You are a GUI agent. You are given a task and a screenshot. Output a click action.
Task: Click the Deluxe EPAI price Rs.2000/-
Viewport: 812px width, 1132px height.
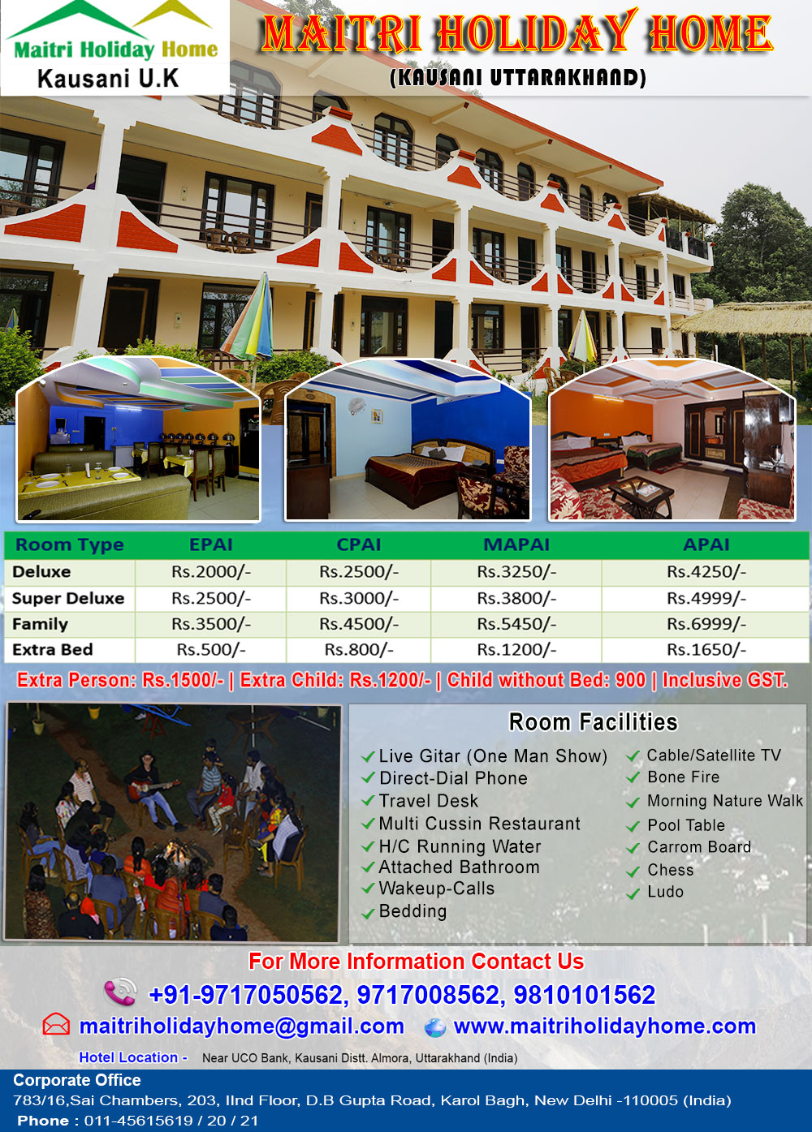(211, 571)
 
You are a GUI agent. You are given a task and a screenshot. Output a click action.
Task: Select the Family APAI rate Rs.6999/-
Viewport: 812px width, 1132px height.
(706, 624)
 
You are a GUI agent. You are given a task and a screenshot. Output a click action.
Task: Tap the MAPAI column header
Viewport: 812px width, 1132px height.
(516, 544)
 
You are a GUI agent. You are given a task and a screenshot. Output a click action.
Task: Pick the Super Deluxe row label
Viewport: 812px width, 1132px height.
(67, 598)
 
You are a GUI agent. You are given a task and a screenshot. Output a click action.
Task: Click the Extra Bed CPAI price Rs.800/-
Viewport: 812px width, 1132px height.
(358, 649)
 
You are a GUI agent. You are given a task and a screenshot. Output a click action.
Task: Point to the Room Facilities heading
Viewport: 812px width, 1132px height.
(593, 721)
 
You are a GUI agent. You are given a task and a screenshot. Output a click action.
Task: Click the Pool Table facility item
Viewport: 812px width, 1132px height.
(686, 825)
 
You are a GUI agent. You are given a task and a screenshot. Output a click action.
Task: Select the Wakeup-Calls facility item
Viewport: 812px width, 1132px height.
(436, 889)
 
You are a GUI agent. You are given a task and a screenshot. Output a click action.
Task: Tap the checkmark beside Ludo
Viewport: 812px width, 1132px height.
(633, 893)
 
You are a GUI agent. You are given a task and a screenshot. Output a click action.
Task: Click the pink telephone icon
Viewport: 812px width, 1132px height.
(121, 992)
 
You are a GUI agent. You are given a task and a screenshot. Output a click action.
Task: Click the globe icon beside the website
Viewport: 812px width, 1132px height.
(434, 1027)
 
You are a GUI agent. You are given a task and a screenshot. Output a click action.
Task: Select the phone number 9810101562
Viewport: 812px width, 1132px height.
(585, 995)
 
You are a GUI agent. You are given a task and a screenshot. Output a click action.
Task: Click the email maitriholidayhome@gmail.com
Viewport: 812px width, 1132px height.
(242, 1027)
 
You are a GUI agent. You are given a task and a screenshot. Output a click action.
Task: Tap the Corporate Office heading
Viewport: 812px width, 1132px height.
(77, 1079)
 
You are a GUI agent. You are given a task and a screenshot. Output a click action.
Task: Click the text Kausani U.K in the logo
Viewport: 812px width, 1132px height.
(108, 79)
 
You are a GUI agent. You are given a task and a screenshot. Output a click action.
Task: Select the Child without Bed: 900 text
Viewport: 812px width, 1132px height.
(546, 680)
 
